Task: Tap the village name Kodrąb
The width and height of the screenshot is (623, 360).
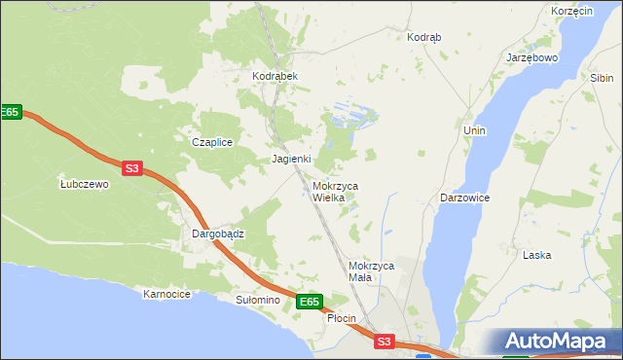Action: click(x=423, y=37)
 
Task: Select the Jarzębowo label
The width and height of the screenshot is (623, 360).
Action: click(x=531, y=57)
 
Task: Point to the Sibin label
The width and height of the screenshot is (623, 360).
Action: click(x=601, y=77)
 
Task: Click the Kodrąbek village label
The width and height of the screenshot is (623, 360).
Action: click(x=275, y=76)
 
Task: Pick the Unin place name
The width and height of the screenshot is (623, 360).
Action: click(x=475, y=130)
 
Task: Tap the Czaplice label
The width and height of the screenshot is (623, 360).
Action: click(x=212, y=142)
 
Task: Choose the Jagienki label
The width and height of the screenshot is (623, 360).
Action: click(x=291, y=159)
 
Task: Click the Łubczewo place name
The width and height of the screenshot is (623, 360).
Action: click(x=84, y=184)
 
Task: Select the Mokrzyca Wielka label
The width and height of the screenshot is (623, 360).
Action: click(x=335, y=191)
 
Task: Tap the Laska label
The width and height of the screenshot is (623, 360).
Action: click(x=537, y=255)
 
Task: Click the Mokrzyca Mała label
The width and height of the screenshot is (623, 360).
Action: click(x=370, y=271)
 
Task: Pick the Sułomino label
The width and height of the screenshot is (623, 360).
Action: click(x=257, y=301)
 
